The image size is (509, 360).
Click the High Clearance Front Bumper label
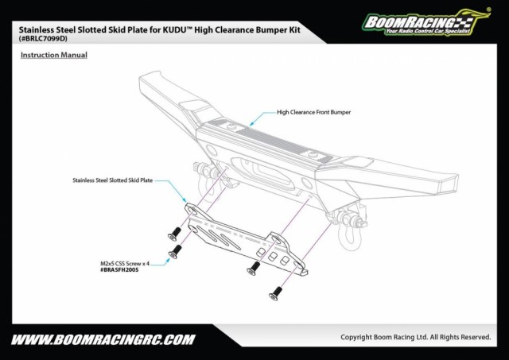click(313, 112)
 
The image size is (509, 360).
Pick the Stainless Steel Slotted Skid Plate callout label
click(112, 180)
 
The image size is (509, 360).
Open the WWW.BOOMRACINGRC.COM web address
click(103, 339)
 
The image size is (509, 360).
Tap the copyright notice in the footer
click(415, 337)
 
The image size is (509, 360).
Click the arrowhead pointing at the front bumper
click(252, 124)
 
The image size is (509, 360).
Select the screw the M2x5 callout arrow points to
click(172, 254)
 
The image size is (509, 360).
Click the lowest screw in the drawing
click(276, 294)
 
